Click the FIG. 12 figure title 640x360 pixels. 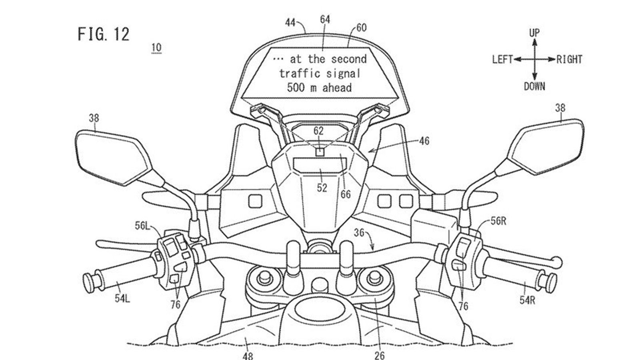coord(104,34)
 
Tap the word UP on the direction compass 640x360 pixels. coord(534,33)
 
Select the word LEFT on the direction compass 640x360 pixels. coord(502,60)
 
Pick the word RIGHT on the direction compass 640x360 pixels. coord(569,60)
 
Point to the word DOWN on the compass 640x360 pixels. coord(534,86)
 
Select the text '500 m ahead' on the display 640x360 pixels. coord(319,88)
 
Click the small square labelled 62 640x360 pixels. coord(320,152)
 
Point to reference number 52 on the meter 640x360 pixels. coord(322,188)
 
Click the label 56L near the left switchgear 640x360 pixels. coord(142,226)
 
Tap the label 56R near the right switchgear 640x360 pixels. coord(498,221)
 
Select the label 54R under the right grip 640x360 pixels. coord(527,300)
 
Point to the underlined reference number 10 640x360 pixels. coord(156,48)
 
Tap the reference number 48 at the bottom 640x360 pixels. coord(248,355)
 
